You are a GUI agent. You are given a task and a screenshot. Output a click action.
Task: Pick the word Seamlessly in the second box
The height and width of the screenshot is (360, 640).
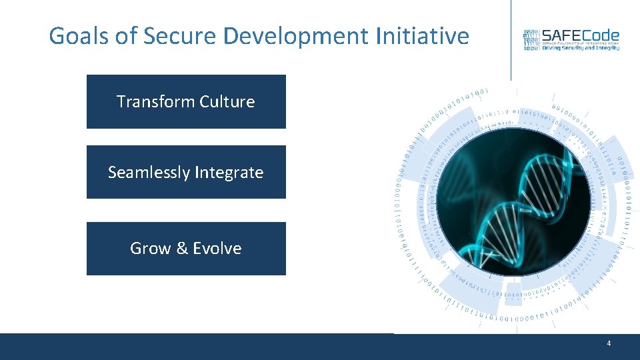(149, 173)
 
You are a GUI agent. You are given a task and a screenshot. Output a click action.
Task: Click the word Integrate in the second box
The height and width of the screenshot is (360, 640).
(229, 173)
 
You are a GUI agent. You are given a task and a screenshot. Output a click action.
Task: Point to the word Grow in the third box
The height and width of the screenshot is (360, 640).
(150, 249)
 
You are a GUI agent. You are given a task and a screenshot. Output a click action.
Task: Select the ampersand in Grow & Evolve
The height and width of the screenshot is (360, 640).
(182, 249)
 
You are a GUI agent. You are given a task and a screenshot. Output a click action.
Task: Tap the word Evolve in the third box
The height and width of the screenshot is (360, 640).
(217, 249)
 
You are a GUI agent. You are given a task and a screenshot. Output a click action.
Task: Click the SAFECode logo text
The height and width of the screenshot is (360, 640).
(580, 35)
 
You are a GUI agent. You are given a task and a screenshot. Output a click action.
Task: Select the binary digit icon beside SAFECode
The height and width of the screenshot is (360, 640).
(531, 40)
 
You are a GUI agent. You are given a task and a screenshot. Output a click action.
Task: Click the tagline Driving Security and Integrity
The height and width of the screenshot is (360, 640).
(580, 48)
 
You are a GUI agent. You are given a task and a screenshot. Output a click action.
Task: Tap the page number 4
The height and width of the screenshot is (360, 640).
(609, 343)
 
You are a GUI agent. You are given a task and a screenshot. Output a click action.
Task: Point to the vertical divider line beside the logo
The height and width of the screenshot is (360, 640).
(511, 40)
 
